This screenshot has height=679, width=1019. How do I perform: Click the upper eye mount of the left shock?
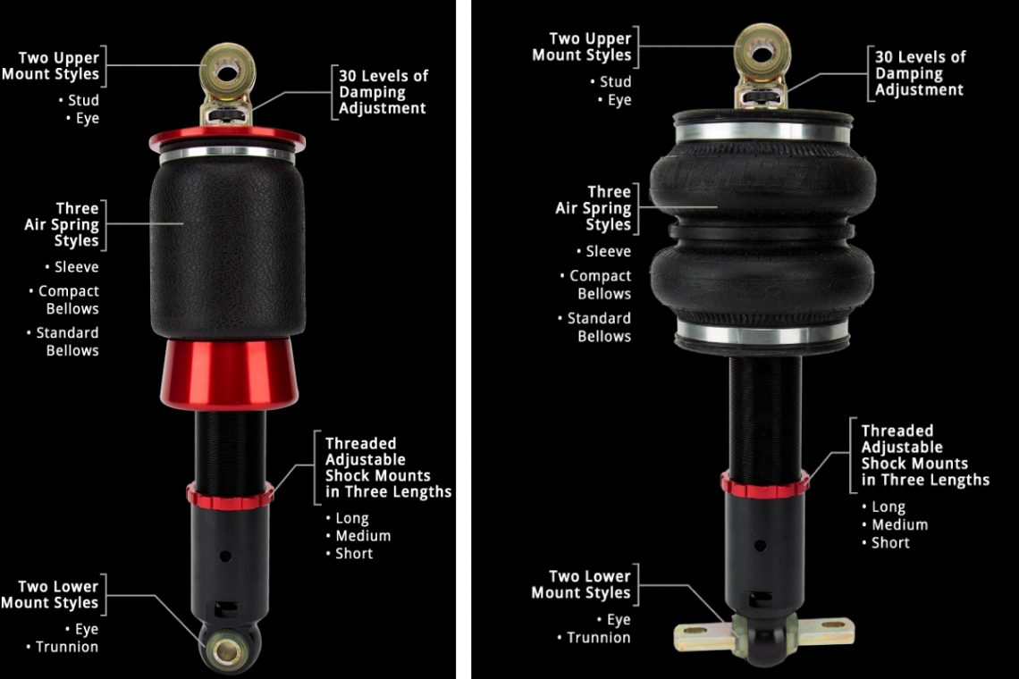pyautogui.click(x=227, y=71)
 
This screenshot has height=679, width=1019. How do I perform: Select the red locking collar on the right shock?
pyautogui.click(x=764, y=483)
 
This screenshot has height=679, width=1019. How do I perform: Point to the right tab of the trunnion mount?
pyautogui.click(x=827, y=631)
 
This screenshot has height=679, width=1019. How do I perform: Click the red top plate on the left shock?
pyautogui.click(x=227, y=139)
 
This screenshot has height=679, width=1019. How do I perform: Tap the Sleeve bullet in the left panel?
pyautogui.click(x=76, y=267)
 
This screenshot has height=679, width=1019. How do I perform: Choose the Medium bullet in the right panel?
pyautogui.click(x=899, y=524)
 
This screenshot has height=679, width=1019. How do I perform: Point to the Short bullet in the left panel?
pyautogui.click(x=354, y=554)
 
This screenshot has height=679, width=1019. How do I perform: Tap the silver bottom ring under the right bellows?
pyautogui.click(x=762, y=337)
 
